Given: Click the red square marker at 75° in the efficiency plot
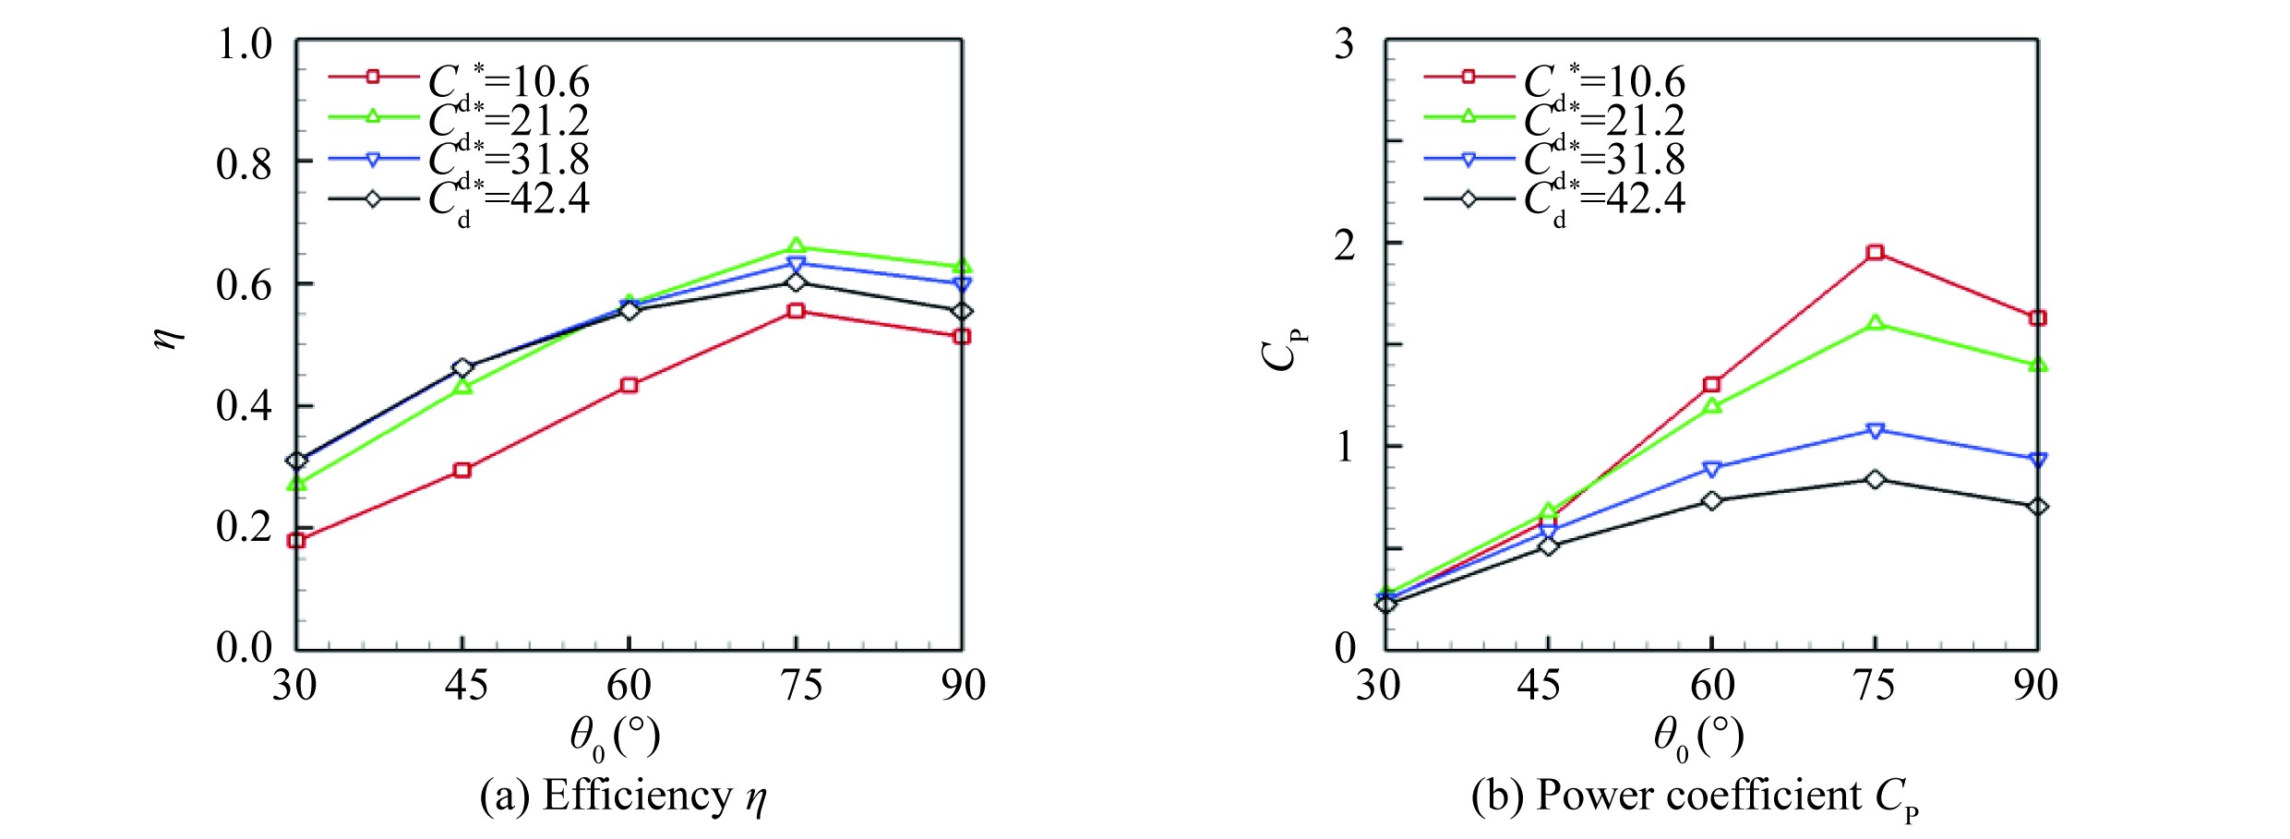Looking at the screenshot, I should pyautogui.click(x=796, y=311).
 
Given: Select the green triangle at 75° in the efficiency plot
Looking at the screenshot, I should pyautogui.click(x=796, y=246).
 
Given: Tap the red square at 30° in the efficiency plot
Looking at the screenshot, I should pyautogui.click(x=296, y=540).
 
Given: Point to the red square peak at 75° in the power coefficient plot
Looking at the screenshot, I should pyautogui.click(x=1875, y=253).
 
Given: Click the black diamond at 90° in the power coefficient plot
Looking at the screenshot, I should pyautogui.click(x=2038, y=507).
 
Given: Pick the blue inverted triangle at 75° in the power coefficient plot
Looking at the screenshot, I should pyautogui.click(x=1875, y=431).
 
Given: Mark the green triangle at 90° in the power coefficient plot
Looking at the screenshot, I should pyautogui.click(x=2038, y=365).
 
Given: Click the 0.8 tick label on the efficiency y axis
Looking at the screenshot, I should pyautogui.click(x=245, y=164).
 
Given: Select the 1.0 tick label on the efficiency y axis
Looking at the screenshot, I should pyautogui.click(x=245, y=43).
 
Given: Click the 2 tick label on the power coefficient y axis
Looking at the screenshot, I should pyautogui.click(x=1345, y=245).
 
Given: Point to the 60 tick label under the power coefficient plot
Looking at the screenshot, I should pyautogui.click(x=1712, y=686).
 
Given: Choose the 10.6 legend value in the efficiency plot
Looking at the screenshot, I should pyautogui.click(x=550, y=83).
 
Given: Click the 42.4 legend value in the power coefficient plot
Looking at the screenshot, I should pyautogui.click(x=1647, y=198).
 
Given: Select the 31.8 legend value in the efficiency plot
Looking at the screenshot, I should pyautogui.click(x=550, y=160).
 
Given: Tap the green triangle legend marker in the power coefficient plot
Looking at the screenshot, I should pyautogui.click(x=1469, y=117).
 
